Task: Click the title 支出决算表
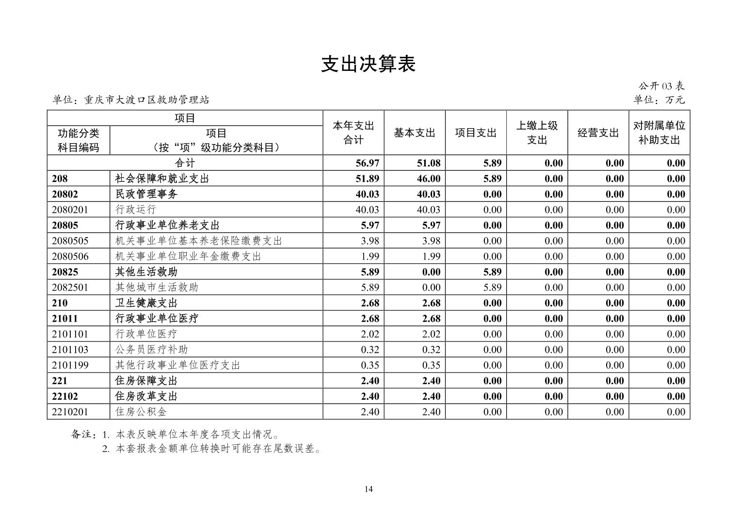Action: click(368, 64)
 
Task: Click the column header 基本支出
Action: click(414, 133)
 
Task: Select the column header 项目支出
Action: click(476, 133)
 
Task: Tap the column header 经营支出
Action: click(598, 133)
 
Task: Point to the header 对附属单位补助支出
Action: click(659, 133)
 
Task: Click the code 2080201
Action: click(70, 210)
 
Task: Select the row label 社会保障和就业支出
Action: click(162, 179)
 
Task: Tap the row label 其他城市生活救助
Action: click(157, 287)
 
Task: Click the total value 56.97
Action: click(367, 163)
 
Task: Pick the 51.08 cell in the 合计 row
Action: click(428, 163)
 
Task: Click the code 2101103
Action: click(70, 349)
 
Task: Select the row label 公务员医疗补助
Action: click(151, 349)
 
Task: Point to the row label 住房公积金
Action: click(141, 412)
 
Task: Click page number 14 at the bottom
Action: click(368, 489)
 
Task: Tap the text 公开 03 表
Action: click(661, 86)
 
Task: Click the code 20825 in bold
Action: click(65, 272)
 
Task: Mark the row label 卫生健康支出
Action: click(146, 303)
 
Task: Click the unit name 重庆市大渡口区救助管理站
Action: click(146, 100)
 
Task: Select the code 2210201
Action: click(70, 412)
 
